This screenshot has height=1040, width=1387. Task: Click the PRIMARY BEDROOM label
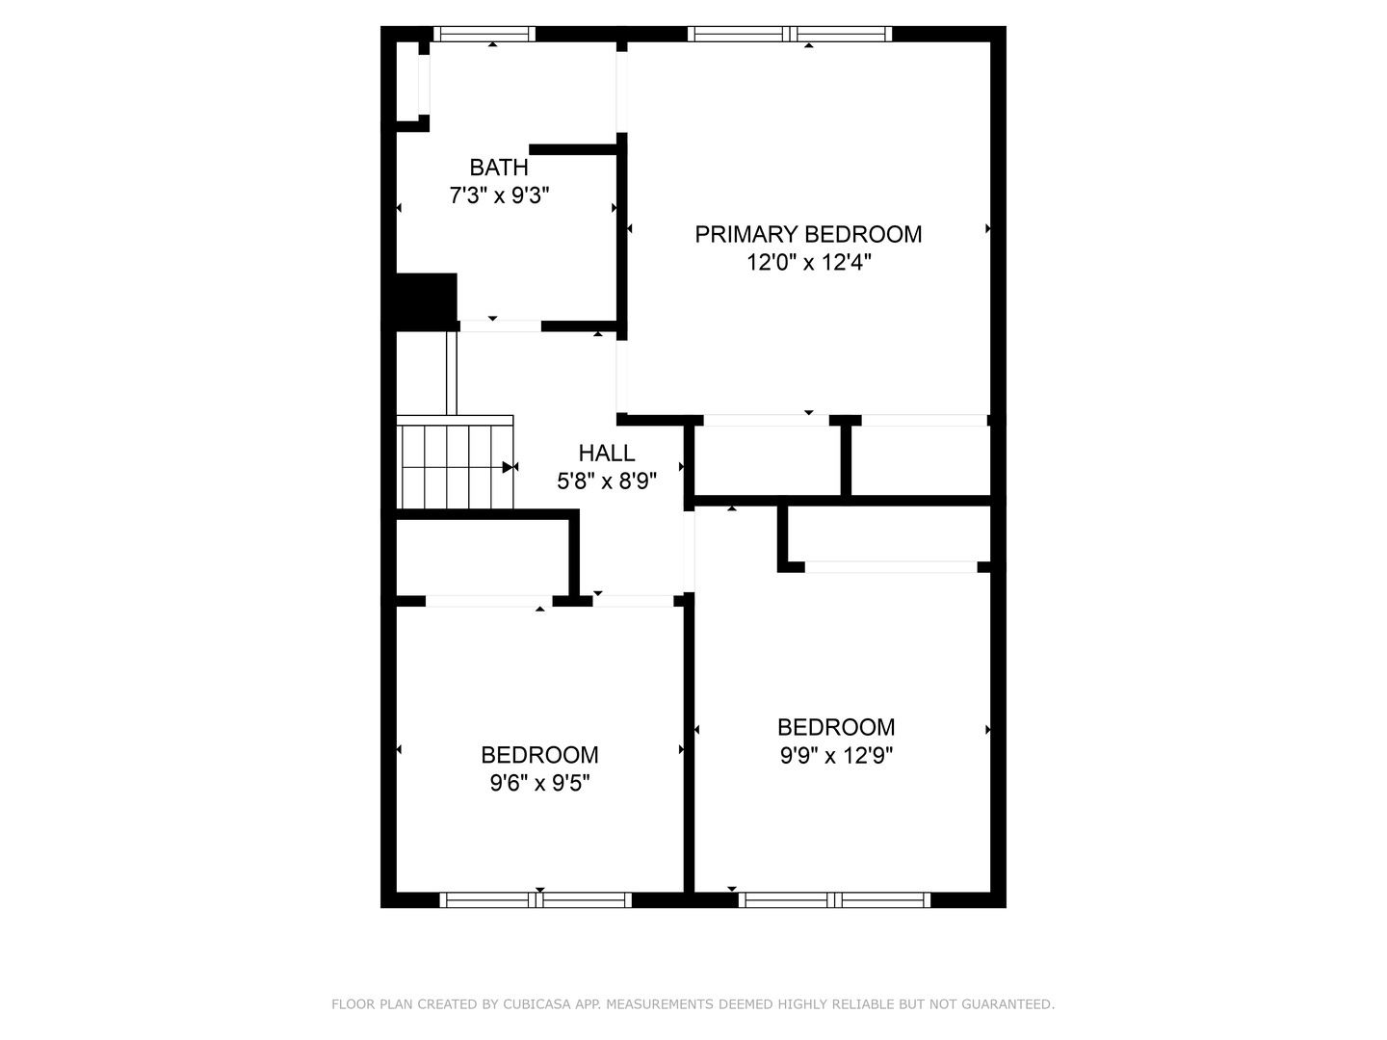pos(808,234)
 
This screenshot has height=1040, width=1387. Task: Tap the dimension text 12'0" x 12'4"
pos(808,262)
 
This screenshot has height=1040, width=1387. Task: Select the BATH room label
pos(498,168)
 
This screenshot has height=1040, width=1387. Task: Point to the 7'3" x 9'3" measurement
pos(498,196)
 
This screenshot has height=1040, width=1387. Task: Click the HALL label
pos(606,453)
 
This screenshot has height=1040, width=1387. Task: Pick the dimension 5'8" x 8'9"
pos(606,481)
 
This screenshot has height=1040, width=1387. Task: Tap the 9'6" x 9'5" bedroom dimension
pos(539,783)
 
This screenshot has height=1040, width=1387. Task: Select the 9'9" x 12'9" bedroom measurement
pos(836,756)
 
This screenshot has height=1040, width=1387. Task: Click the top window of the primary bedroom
pos(790,34)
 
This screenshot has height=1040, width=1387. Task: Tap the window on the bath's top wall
pos(484,34)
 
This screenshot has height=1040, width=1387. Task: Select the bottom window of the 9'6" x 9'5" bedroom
pos(536,900)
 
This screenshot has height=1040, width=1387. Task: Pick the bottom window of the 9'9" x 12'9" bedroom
pos(834,900)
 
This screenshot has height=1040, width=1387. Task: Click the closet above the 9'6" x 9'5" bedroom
pos(482,558)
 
